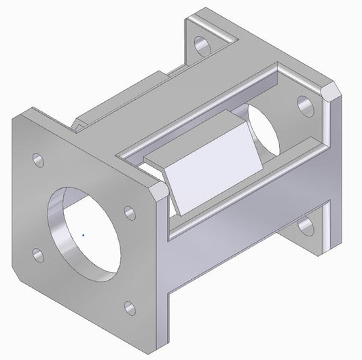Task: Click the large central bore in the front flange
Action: [84, 232]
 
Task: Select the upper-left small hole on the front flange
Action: [38, 161]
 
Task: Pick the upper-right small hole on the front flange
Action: [127, 212]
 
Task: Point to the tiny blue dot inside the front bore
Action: [83, 235]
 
